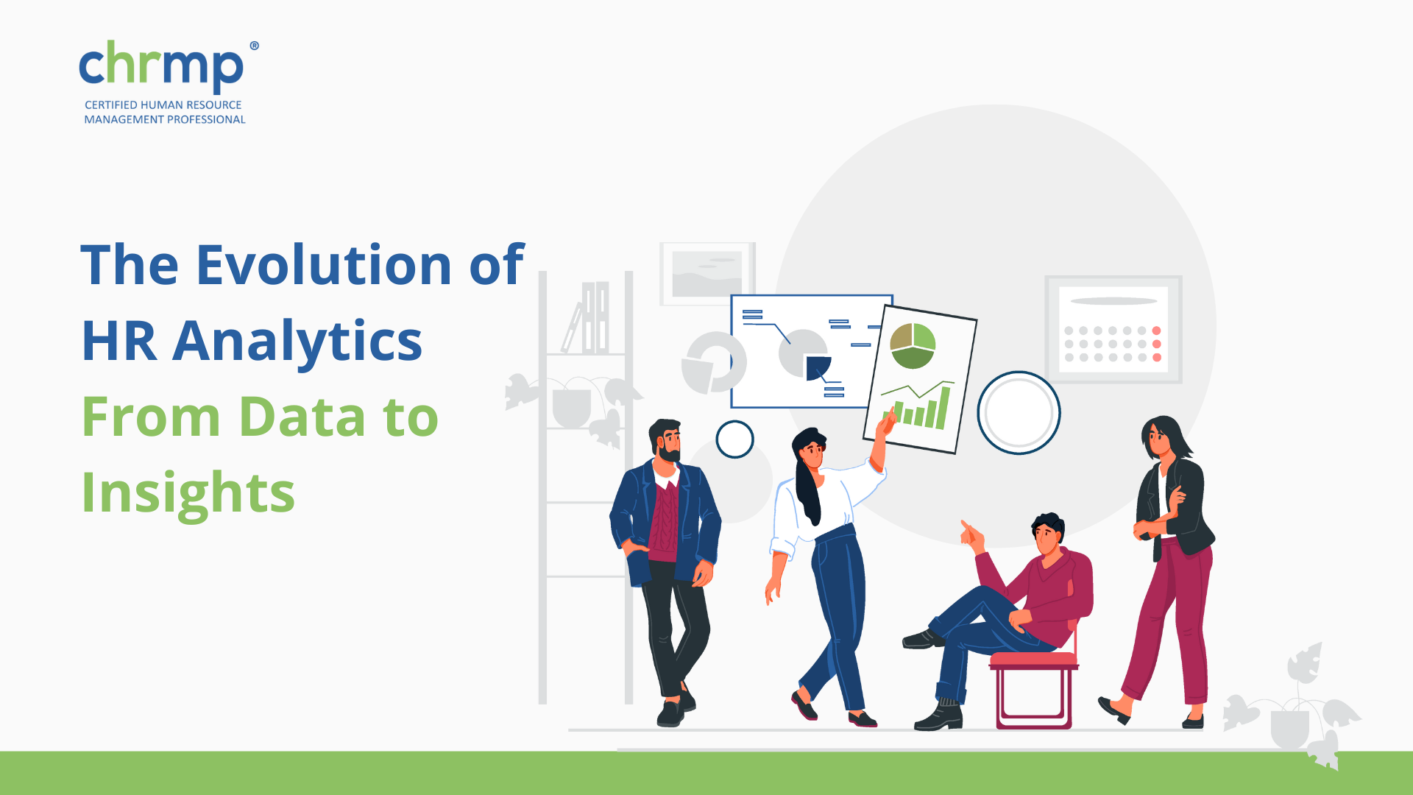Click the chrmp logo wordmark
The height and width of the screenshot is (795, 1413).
[x=161, y=67]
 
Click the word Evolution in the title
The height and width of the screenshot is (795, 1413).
[x=324, y=264]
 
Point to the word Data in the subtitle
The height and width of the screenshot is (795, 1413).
[x=302, y=417]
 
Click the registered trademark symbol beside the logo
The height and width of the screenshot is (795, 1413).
[x=254, y=46]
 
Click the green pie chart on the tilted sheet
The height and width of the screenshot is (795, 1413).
[x=913, y=346]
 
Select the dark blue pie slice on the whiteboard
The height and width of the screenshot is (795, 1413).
[x=818, y=367]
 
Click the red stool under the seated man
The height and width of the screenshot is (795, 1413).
[x=1033, y=688]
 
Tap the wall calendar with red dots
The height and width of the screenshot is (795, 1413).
[x=1113, y=330]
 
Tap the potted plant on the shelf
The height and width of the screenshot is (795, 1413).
[x=573, y=406]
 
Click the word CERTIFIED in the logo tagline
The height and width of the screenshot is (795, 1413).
[x=111, y=105]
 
